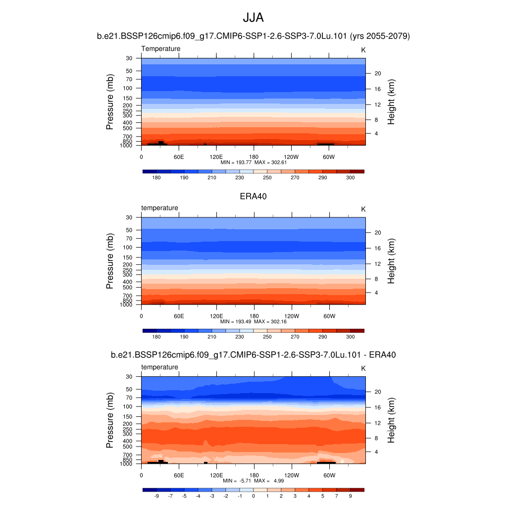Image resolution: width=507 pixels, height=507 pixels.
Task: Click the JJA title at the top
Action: click(253, 18)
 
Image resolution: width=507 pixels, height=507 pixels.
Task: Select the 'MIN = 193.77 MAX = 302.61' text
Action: click(253, 162)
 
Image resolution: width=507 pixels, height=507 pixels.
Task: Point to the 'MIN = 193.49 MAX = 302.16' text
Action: click(253, 321)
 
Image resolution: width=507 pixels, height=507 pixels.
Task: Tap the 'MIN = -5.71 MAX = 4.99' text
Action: click(253, 481)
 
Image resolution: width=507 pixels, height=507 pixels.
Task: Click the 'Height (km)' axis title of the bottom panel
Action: click(391, 421)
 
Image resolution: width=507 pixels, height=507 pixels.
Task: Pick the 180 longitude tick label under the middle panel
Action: click(253, 316)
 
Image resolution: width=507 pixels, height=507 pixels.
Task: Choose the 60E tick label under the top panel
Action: click(179, 156)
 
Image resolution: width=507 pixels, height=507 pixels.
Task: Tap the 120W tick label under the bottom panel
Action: click(291, 475)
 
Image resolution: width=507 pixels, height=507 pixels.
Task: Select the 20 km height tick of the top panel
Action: click(376, 73)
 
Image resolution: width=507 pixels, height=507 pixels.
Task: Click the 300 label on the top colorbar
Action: click(350, 177)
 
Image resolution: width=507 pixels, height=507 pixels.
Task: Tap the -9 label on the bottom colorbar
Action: click(156, 496)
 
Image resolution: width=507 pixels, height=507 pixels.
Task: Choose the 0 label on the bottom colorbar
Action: click(253, 496)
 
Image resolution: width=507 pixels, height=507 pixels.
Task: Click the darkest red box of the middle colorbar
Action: click(357, 331)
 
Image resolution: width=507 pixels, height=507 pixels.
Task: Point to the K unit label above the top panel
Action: click(363, 50)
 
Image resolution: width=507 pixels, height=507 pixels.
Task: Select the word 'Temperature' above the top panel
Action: click(161, 49)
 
